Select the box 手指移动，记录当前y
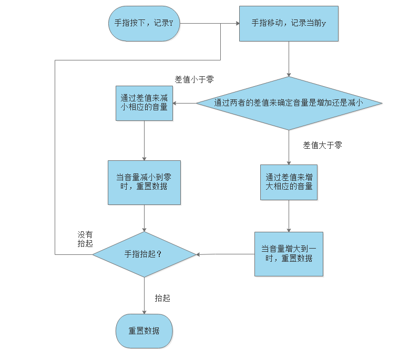(289, 23)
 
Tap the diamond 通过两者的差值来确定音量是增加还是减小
(289, 104)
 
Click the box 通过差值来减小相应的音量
(144, 103)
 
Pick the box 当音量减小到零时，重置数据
(144, 182)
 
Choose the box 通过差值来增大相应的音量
(289, 182)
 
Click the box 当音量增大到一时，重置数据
(289, 254)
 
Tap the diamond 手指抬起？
(144, 254)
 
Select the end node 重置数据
(144, 331)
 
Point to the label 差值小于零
(194, 79)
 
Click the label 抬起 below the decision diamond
(162, 298)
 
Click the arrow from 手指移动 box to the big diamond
(289, 59)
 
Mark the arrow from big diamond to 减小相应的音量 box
(185, 104)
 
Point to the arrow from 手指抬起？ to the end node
(144, 295)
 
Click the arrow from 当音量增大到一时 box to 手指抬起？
(225, 254)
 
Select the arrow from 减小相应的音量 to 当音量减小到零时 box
(144, 140)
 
